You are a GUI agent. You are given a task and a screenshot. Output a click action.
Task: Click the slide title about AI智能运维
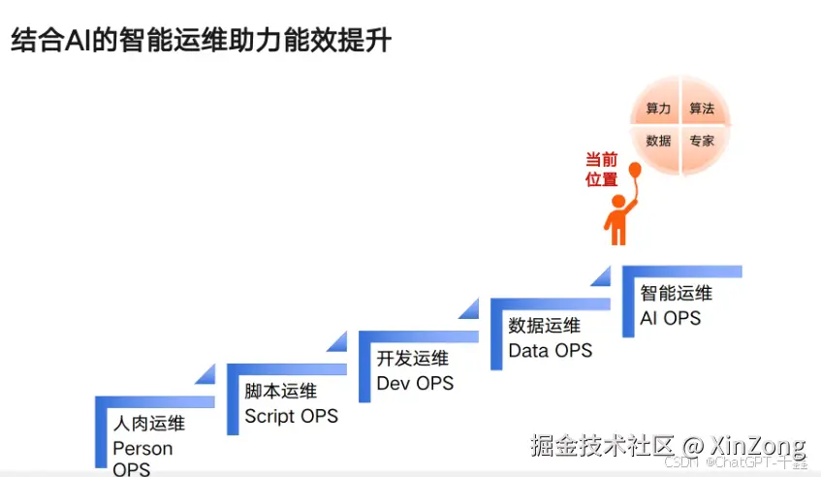coord(201,41)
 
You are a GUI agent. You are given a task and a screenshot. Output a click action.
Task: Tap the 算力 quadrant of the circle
coord(658,110)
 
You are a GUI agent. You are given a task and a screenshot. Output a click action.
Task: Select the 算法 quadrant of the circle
coord(702,110)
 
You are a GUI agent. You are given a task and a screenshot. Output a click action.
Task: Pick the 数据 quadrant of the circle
coord(658,141)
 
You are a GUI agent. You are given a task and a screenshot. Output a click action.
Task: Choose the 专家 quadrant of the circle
coord(702,141)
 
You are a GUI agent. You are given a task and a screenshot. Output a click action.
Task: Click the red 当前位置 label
coord(601,169)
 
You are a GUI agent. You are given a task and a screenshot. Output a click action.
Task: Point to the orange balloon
coord(635,172)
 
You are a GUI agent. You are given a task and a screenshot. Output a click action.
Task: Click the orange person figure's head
coord(616,201)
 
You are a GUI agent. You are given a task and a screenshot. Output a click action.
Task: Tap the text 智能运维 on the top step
coord(676,294)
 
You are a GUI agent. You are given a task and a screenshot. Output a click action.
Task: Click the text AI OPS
coord(670,317)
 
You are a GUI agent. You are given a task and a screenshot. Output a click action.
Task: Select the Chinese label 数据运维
coord(544,326)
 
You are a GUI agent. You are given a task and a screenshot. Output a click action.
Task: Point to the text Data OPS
coord(550,350)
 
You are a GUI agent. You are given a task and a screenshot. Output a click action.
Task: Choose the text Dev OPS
coord(415,383)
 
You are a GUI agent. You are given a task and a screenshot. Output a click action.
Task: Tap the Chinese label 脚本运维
coord(280,393)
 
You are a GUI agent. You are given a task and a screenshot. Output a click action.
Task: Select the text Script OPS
coord(291,416)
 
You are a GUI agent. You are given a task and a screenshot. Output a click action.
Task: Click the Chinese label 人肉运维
coord(148,425)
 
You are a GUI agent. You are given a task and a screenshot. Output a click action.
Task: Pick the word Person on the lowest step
coord(142,449)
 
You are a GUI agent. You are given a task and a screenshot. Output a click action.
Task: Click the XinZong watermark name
coord(757,446)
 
